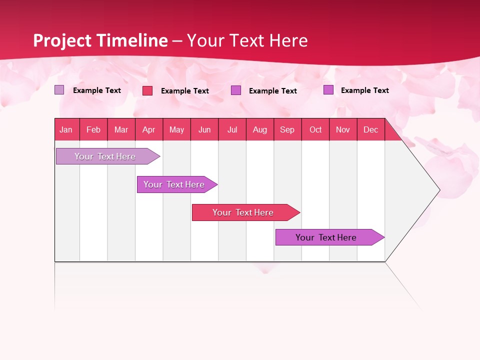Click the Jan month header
66,129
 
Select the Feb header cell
93,129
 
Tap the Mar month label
121,129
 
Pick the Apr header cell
149,129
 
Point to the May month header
176,129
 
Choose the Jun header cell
204,129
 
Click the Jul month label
232,129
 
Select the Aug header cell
260,129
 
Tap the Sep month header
287,129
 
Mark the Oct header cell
315,129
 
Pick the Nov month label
343,129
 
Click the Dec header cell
371,129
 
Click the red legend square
147,90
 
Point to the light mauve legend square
59,90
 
